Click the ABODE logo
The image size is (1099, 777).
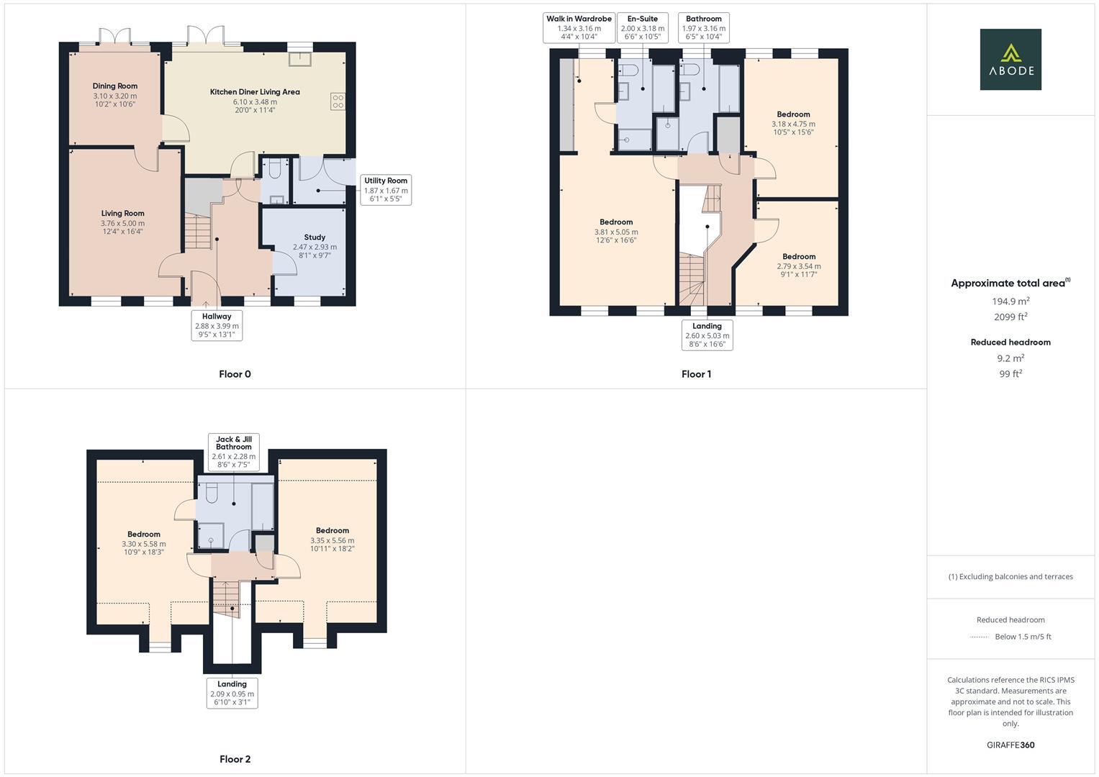[x=1010, y=60]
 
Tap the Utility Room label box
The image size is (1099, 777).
[x=386, y=190]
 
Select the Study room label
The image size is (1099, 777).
[x=315, y=237]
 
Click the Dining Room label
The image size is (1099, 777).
[x=114, y=86]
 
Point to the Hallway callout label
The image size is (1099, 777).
[x=217, y=325]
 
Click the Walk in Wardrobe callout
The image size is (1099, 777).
[x=579, y=27]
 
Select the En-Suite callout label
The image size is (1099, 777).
[x=642, y=27]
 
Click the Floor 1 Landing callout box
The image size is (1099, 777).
[x=707, y=335]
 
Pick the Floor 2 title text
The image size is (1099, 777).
[x=235, y=759]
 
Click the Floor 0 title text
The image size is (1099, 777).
[x=235, y=374]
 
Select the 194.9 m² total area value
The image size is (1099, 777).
[x=1010, y=301]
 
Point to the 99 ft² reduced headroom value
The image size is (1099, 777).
[x=1010, y=373]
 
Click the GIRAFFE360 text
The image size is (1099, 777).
[x=1010, y=745]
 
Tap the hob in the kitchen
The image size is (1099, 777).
[x=338, y=101]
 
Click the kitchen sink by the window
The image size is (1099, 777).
[x=299, y=58]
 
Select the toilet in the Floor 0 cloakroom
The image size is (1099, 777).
[x=273, y=170]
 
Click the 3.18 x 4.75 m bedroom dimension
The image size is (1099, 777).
[x=793, y=124]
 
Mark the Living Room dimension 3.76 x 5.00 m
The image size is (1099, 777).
[x=122, y=223]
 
